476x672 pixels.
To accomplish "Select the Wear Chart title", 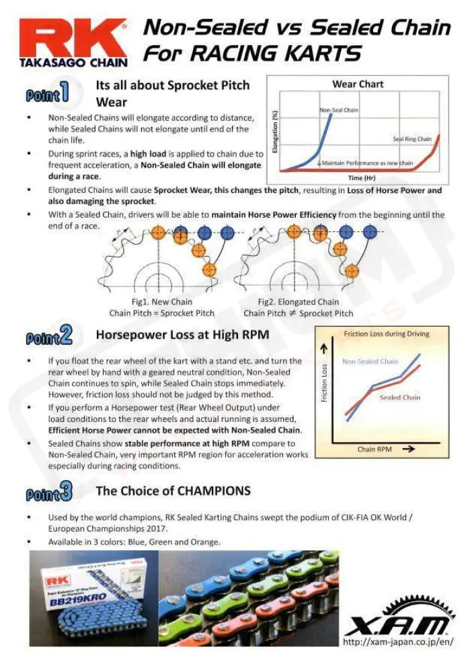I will click(x=358, y=84).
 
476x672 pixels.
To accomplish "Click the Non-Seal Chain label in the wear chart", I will click(x=338, y=110).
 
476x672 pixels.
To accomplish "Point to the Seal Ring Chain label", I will click(x=412, y=139).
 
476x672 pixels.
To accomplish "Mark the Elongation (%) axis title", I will click(x=276, y=133).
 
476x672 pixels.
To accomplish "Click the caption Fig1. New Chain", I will click(x=161, y=302).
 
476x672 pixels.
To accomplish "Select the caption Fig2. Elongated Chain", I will click(x=298, y=302).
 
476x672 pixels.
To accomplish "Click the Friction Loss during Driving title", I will click(x=387, y=334).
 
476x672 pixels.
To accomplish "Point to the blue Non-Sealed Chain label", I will click(x=370, y=362).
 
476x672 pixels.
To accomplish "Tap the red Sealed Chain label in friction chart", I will click(x=400, y=397).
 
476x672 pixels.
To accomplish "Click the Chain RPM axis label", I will click(x=375, y=449).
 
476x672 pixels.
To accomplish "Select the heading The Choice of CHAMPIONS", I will click(x=173, y=491).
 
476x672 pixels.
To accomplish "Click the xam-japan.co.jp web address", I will click(x=398, y=643).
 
